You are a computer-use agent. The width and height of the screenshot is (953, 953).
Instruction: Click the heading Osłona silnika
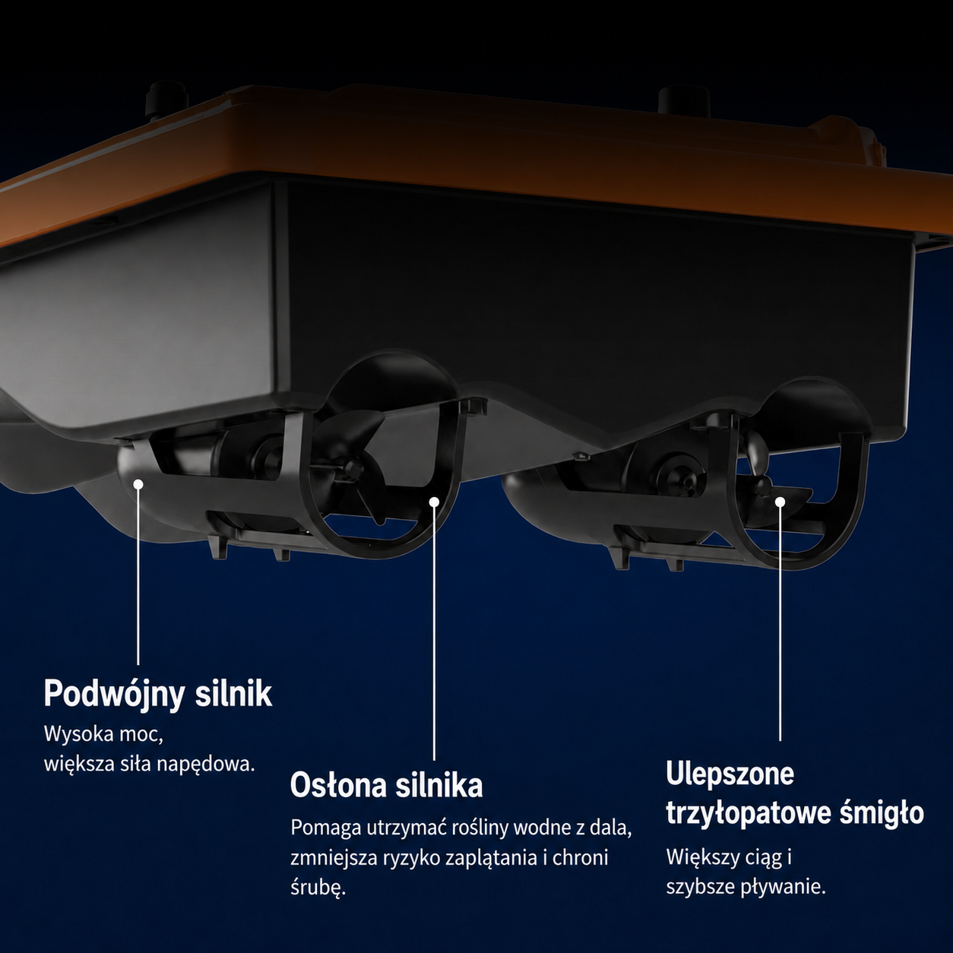[386, 785]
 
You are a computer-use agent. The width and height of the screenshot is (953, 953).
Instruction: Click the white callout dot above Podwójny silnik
[138, 484]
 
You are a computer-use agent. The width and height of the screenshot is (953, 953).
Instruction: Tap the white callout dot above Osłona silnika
[434, 502]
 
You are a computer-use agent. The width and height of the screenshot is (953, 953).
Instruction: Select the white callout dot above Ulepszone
[780, 502]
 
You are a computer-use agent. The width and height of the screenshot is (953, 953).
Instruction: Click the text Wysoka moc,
[104, 735]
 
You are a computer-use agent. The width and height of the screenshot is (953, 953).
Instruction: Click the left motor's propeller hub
[354, 467]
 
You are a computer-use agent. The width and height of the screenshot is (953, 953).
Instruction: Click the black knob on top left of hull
[166, 97]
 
